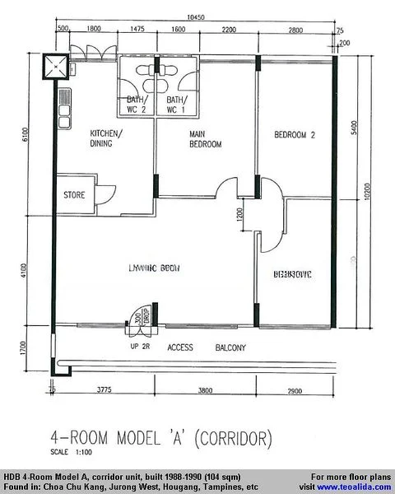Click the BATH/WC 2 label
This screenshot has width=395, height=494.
(136, 105)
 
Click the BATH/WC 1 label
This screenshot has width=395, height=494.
(176, 105)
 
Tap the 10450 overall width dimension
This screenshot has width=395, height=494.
(195, 16)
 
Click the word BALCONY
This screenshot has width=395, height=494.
(230, 348)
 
